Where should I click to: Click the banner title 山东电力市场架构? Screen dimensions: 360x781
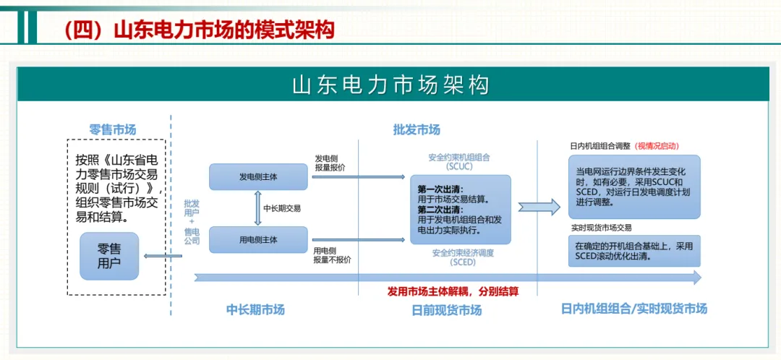tap(390, 85)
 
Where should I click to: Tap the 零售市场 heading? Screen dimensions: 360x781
tap(113, 130)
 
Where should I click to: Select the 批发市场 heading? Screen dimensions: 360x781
tap(417, 130)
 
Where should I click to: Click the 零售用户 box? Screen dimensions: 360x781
tap(110, 256)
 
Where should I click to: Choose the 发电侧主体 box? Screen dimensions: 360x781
tap(258, 177)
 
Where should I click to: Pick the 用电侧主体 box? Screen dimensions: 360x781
tap(258, 239)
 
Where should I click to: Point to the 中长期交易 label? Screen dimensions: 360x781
tap(282, 208)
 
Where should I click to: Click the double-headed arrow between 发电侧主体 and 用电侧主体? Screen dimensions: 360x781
tap(257, 208)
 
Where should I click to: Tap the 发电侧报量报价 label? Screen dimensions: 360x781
tap(330, 163)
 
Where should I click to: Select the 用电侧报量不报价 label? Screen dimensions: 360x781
tap(333, 255)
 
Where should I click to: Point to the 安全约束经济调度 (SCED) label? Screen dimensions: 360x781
tap(463, 257)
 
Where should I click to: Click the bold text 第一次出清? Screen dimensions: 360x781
tap(437, 189)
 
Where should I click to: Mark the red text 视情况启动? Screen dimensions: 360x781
tap(658, 146)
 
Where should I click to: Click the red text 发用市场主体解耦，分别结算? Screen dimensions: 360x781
tap(453, 291)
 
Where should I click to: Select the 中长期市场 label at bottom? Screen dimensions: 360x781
tap(255, 309)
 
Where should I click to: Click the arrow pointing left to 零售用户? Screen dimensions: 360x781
tap(163, 255)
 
